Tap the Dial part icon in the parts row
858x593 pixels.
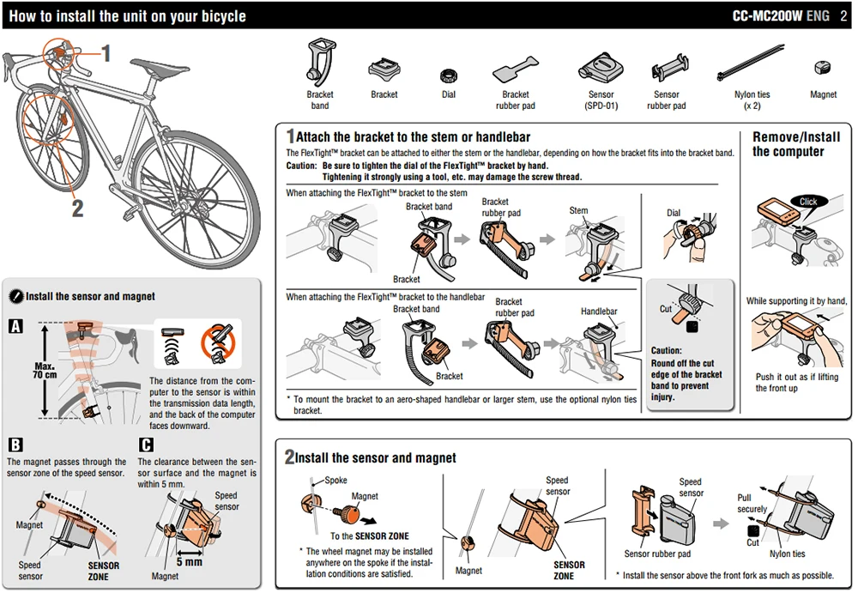[448, 75]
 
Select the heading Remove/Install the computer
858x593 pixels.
[795, 144]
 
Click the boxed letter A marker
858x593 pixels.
[15, 326]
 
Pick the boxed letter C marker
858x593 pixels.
[146, 445]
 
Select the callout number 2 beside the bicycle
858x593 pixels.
[77, 208]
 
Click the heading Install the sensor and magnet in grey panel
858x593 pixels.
[90, 296]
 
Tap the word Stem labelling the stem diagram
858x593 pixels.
[578, 210]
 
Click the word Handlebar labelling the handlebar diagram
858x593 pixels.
[599, 312]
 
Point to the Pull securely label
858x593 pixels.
[752, 503]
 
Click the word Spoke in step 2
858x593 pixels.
[335, 481]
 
